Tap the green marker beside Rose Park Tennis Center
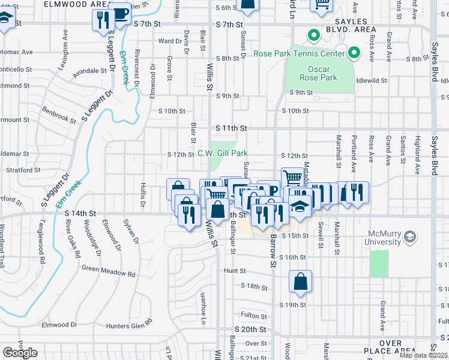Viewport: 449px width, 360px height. coord(354,53)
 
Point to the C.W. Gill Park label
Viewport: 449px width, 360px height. coord(223,154)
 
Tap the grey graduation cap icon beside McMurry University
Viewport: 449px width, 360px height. coord(411,237)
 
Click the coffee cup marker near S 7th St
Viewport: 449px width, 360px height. coord(121,13)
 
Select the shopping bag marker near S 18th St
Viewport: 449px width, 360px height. coord(300,281)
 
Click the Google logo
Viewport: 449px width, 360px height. coord(20,353)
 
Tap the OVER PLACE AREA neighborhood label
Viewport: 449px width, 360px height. coord(390,346)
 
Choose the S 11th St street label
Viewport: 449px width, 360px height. coord(231,128)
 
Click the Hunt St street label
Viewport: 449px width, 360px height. coord(231,271)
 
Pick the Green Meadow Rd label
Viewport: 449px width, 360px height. coord(108,271)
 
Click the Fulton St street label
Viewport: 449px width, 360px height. coord(253,316)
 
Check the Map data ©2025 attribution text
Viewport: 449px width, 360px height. coord(423,355)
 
